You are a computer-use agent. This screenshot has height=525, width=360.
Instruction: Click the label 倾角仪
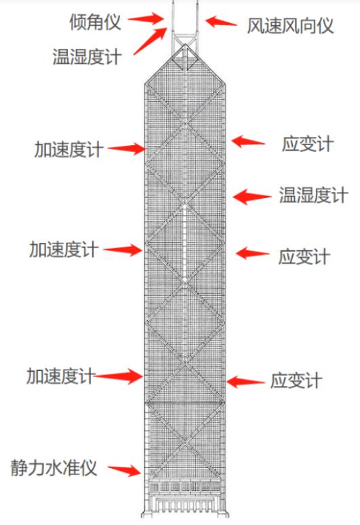coord(96,22)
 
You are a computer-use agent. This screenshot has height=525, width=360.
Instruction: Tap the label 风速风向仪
coord(290,26)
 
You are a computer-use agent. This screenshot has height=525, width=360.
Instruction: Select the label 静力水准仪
coord(54,468)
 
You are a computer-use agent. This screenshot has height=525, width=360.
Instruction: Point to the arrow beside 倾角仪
coord(146,18)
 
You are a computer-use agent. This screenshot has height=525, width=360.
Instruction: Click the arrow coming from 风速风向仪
coord(221,22)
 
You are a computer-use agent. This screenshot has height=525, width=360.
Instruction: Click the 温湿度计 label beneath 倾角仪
coord(87,56)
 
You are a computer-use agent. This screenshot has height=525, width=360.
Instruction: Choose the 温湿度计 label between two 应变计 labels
coord(313,195)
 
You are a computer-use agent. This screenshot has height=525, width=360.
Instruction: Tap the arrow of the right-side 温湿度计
coord(252,197)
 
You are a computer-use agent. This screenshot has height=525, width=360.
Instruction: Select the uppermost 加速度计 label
coord(69,149)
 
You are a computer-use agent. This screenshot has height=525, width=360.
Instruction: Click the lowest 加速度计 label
coord(61,376)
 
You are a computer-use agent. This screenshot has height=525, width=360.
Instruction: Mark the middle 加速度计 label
coord(64,250)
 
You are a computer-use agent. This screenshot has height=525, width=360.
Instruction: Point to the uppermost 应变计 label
coord(308,144)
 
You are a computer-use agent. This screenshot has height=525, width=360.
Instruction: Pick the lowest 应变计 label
coord(296,381)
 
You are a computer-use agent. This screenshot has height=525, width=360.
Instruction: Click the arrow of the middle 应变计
coord(252,253)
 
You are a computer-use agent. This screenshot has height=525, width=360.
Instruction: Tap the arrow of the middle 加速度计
coord(123,250)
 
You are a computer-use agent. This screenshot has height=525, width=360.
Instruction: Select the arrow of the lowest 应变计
coord(245,382)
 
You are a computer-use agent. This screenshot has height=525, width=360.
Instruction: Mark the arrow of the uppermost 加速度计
coord(127,149)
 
